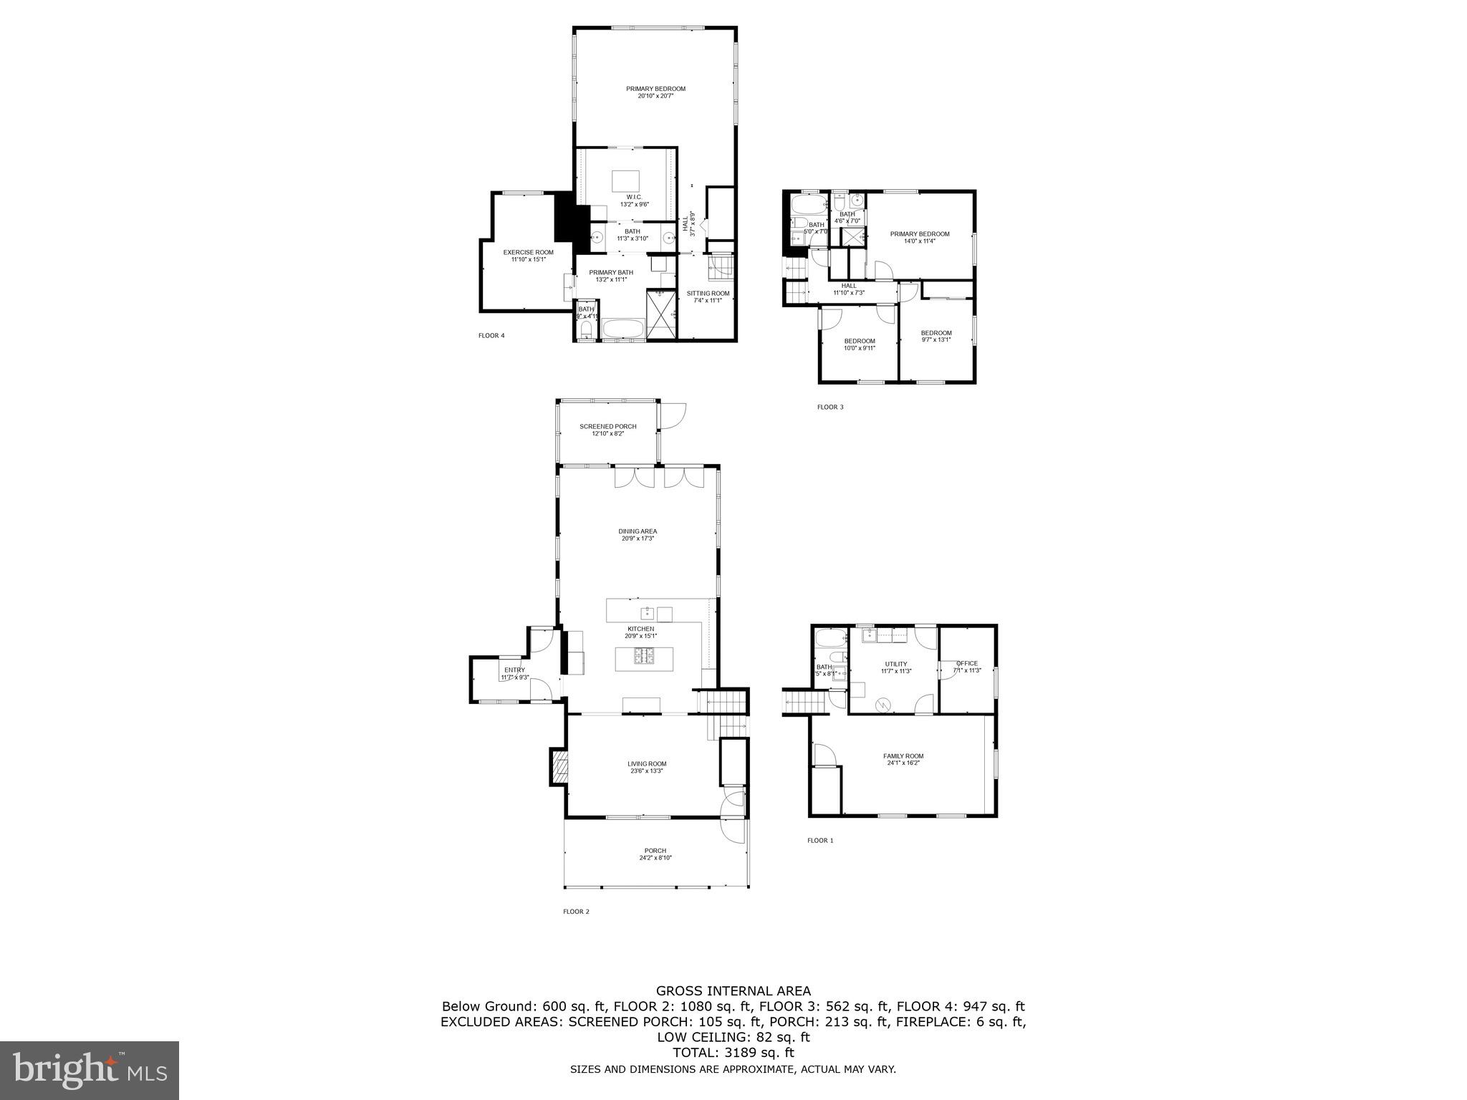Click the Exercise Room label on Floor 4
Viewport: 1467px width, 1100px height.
coord(528,252)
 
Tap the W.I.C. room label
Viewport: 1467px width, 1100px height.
coord(634,197)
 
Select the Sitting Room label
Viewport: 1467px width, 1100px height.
coord(708,293)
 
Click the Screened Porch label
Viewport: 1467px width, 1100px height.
coord(607,427)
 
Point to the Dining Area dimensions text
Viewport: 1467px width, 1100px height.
coord(638,539)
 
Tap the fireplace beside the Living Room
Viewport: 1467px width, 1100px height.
coord(559,768)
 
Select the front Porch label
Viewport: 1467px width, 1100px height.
coord(655,851)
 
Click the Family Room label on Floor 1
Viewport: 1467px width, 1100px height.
coord(903,756)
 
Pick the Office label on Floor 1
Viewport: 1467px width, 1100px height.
coord(967,663)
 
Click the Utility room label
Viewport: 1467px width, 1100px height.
coord(895,664)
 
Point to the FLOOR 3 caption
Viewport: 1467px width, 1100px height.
coord(830,407)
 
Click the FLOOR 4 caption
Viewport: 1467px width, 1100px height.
coord(491,335)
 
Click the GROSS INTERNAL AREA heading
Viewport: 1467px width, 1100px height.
coord(733,991)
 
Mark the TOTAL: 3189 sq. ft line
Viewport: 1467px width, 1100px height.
coord(733,1053)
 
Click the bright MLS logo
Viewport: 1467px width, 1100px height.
coord(90,1070)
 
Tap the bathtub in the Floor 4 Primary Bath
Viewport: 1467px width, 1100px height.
coord(623,330)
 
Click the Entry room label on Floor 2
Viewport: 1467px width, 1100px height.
coord(514,670)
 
